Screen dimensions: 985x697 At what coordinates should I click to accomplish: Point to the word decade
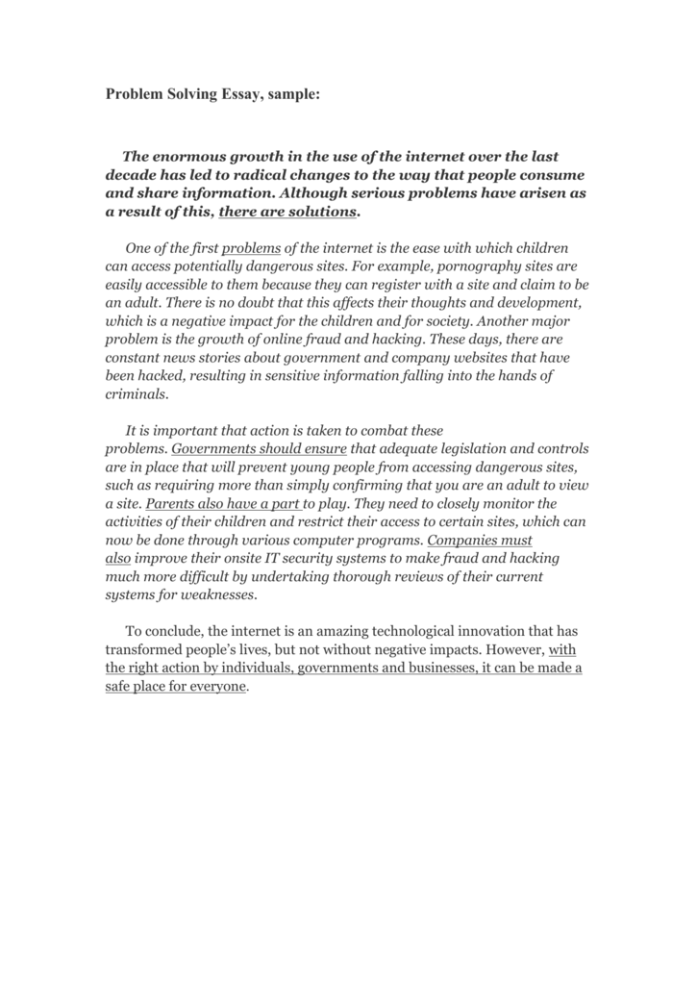pyautogui.click(x=130, y=175)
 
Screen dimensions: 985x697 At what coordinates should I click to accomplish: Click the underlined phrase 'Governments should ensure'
pyautogui.click(x=259, y=449)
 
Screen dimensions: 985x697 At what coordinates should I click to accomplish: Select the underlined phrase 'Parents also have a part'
pyautogui.click(x=223, y=503)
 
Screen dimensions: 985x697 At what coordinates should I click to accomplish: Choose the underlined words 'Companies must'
pyautogui.click(x=478, y=540)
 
